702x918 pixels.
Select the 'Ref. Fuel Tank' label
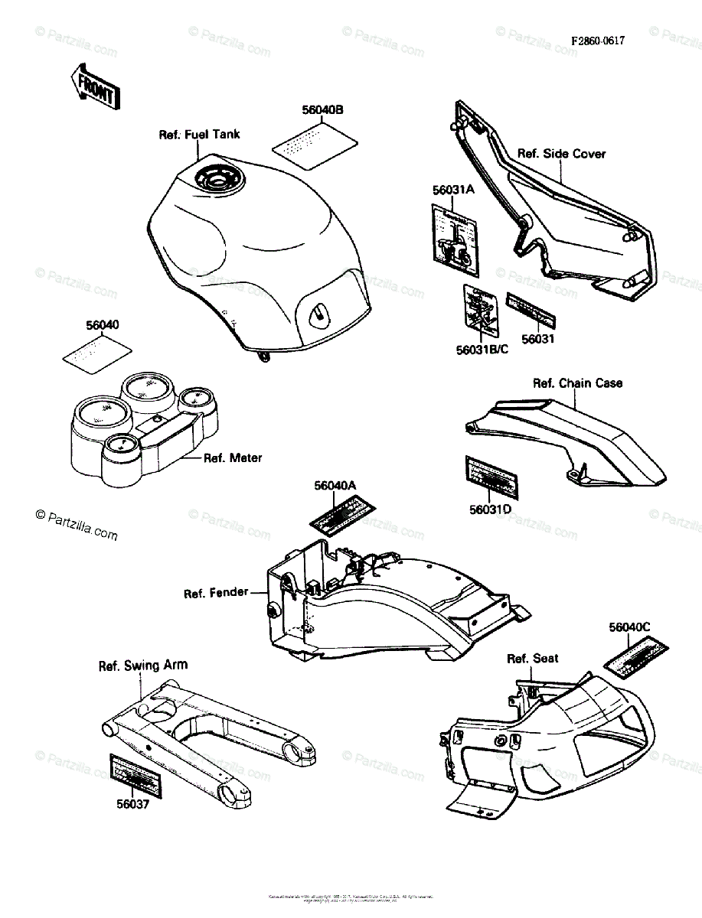[x=199, y=135]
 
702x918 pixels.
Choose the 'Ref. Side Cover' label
[x=561, y=154]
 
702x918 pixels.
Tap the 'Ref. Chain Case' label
[x=578, y=382]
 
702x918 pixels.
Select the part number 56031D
[x=490, y=509]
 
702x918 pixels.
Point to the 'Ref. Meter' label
[x=232, y=458]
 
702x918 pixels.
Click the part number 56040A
[x=335, y=485]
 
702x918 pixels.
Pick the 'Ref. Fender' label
[x=216, y=593]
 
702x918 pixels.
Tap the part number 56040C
[x=629, y=627]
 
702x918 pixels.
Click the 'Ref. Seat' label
[x=532, y=659]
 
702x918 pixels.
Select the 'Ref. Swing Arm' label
[x=142, y=666]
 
